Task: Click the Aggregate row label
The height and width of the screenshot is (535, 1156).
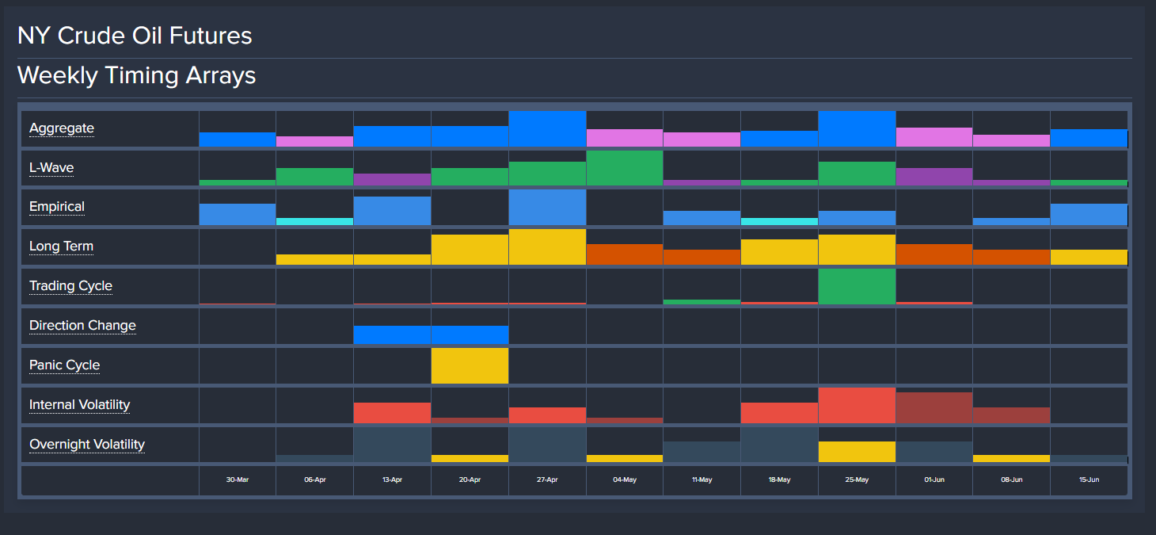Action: [x=62, y=128]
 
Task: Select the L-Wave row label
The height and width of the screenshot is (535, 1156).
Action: [x=51, y=168]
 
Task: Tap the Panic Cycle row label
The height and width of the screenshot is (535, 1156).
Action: [x=65, y=365]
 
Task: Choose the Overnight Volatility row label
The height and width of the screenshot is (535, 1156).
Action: [x=87, y=445]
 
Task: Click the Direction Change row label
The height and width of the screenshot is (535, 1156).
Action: [x=82, y=326]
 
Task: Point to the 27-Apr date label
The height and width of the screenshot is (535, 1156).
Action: [x=547, y=480]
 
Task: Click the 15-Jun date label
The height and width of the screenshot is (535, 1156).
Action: [x=1089, y=480]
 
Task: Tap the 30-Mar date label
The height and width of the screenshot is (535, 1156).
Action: [x=237, y=480]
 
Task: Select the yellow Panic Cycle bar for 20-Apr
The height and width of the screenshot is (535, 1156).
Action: [x=470, y=365]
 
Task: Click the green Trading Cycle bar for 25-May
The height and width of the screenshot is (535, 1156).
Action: [x=857, y=287]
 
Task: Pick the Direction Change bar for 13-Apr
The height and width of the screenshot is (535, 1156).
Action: [x=392, y=334]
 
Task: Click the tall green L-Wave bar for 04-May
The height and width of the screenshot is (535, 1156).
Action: [x=625, y=168]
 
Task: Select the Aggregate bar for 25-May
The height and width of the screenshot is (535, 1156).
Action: [x=857, y=129]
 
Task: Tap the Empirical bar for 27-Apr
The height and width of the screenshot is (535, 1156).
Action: [x=547, y=208]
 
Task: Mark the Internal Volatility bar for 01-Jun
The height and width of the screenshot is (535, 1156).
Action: [x=934, y=407]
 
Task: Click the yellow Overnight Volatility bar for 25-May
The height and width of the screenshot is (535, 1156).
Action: [x=857, y=452]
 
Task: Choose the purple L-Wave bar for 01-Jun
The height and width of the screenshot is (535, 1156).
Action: [x=934, y=177]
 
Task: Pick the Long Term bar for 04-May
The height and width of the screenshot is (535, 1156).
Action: [x=625, y=254]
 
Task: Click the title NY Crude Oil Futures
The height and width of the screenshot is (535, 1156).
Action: [x=135, y=36]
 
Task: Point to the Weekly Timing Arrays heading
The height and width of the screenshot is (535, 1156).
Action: [x=136, y=75]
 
